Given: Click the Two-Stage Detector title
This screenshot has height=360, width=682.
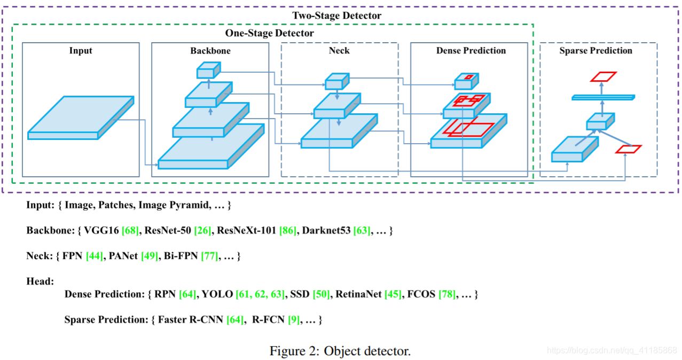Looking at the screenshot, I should (336, 15).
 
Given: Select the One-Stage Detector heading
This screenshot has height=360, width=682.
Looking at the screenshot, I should (269, 33).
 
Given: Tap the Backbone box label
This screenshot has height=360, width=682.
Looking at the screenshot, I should (210, 51).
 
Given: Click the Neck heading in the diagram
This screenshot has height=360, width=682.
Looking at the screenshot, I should (339, 51).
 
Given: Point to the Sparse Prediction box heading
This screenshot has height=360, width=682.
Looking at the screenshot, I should (595, 51).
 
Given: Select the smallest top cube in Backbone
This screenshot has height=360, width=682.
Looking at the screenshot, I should (208, 70).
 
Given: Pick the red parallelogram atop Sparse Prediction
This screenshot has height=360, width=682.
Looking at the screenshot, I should (603, 77).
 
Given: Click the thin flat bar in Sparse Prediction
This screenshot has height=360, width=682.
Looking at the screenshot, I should (603, 97).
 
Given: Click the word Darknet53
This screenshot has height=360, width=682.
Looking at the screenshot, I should (326, 231).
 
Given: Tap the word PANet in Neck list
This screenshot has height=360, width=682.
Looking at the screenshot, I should (123, 256).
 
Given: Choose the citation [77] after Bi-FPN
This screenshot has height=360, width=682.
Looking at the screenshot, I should (209, 256).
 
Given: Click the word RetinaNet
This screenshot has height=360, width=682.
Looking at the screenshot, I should (358, 294).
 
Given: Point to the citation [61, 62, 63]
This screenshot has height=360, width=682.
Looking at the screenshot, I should (261, 294).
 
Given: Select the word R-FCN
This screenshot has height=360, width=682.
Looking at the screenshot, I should (269, 320).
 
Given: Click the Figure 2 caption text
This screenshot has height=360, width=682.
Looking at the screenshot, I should (340, 351).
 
